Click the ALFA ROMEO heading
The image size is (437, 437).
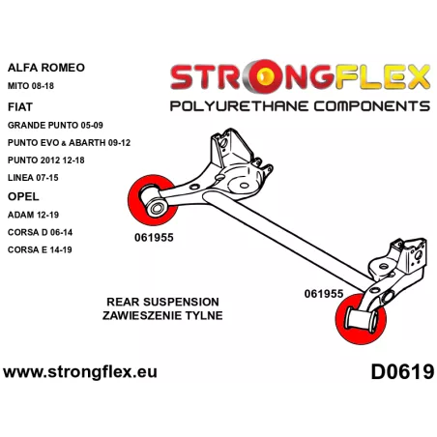[46, 68]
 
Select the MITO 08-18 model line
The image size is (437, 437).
[31, 86]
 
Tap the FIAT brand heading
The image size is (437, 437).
[20, 107]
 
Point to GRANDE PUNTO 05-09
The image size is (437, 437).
[55, 125]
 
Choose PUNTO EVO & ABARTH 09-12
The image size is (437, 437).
[69, 143]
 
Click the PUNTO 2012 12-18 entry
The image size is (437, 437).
[45, 160]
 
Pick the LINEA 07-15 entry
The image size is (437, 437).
[33, 178]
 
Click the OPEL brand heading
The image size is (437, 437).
[23, 196]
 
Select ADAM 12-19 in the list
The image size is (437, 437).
[33, 215]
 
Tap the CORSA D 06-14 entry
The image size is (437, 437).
[40, 232]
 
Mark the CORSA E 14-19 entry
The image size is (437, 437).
[40, 249]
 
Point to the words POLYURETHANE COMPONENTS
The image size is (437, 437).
[300, 106]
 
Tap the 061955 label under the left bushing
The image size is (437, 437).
[154, 238]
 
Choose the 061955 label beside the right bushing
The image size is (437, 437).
[324, 294]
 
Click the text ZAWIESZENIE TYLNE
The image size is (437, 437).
[162, 315]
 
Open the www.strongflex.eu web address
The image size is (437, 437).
[80, 372]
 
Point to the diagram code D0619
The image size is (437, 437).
[403, 372]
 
